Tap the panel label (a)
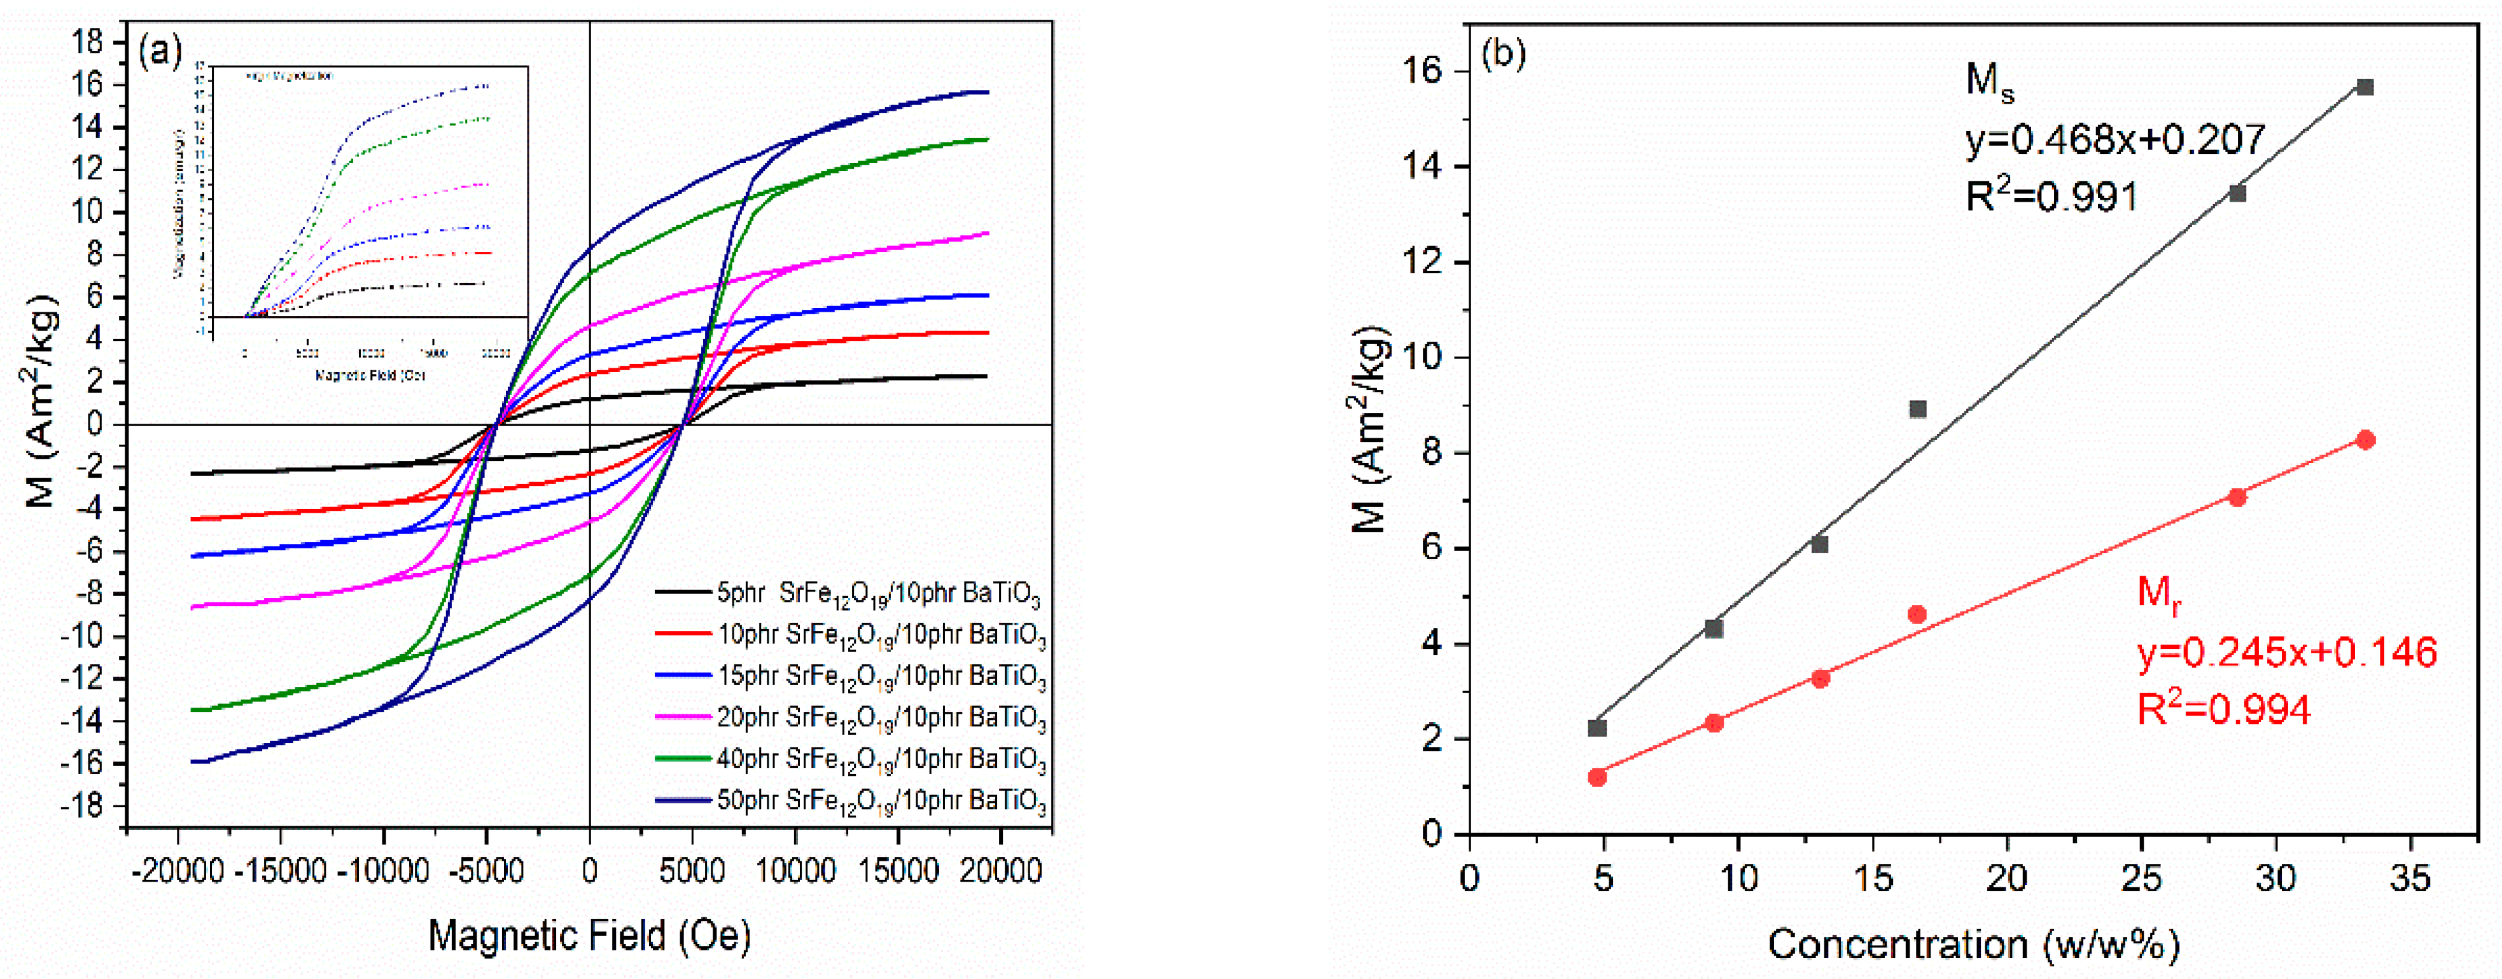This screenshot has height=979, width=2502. [160, 52]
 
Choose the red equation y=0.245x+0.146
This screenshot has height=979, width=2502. [2288, 651]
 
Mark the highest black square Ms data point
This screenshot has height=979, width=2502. [2365, 87]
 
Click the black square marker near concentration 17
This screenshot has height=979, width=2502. [1917, 409]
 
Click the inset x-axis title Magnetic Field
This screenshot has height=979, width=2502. [370, 375]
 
